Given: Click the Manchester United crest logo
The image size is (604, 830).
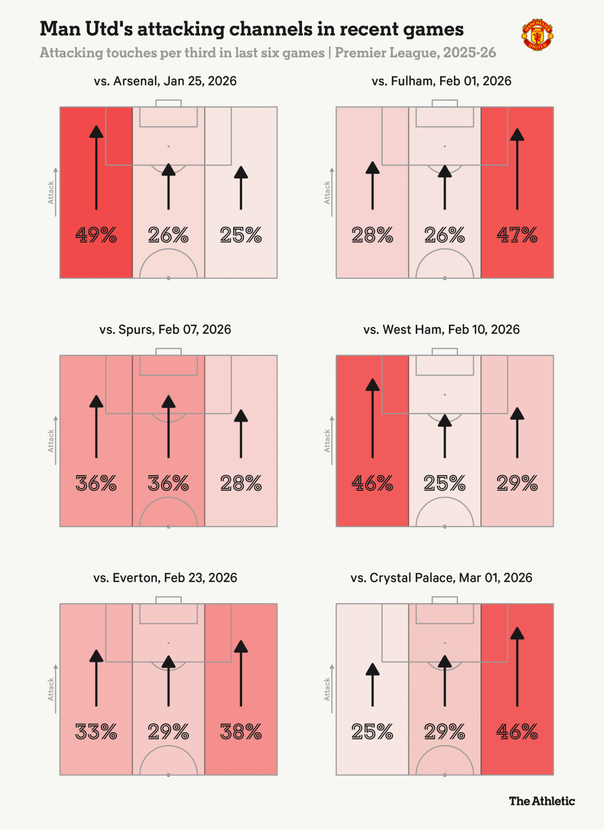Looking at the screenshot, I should coord(537,35).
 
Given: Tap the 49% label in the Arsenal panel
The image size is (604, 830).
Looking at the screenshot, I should coord(96,235).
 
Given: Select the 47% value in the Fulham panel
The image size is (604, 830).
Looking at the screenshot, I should coord(517,235).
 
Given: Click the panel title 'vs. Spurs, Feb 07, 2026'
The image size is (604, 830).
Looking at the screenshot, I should coord(165,330).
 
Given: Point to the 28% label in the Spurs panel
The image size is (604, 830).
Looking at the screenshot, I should coord(241,483).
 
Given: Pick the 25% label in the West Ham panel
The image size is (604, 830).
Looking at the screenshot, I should coord(445,483).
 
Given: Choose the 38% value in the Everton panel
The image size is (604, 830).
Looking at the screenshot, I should coord(241,732).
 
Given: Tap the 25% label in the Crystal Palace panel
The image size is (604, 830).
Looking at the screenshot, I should coord(372,732).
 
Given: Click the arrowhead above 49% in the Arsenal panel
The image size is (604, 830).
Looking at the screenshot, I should coord(96,132).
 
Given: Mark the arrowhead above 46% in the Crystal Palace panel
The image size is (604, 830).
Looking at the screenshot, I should coord(517,633).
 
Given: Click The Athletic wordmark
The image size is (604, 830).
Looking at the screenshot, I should coord(541,801).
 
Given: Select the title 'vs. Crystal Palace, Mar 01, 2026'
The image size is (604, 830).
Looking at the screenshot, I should coord(441,578).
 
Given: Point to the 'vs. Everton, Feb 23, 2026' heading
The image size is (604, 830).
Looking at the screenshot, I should coord(165,578).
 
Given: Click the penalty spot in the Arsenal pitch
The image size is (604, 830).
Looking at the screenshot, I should coord(168,146).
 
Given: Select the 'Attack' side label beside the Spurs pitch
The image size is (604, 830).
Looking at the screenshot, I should coord(51,440).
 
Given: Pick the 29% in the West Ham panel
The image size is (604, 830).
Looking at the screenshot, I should coord(517,483).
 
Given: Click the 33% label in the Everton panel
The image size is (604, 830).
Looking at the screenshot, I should coord(96,732).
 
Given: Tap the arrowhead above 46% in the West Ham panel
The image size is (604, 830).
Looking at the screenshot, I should coord(372,385).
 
